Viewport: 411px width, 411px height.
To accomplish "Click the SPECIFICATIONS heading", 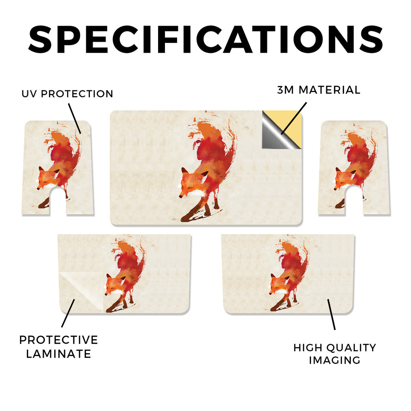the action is pyautogui.click(x=205, y=39).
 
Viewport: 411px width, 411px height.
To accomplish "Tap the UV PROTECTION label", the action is pyautogui.click(x=67, y=94).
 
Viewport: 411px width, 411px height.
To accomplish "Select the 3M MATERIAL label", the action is pyautogui.click(x=319, y=90).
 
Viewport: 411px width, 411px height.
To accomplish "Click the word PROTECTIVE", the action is pyautogui.click(x=59, y=340).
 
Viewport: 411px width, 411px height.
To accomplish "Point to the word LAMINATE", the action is pyautogui.click(x=59, y=354).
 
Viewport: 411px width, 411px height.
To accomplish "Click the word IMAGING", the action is pyautogui.click(x=334, y=360).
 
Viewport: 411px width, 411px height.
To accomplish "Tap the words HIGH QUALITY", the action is pyautogui.click(x=334, y=348).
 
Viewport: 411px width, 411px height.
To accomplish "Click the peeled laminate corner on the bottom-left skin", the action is pyautogui.click(x=79, y=288).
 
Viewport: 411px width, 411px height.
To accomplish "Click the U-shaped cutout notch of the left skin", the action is pyautogui.click(x=57, y=201).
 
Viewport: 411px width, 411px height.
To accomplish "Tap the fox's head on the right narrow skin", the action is pyautogui.click(x=343, y=178).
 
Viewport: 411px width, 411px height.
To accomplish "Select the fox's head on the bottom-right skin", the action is pyautogui.click(x=279, y=285).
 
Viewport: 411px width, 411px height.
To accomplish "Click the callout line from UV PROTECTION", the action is pyautogui.click(x=75, y=118).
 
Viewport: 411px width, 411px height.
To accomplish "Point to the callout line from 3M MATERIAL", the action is pyautogui.click(x=293, y=118).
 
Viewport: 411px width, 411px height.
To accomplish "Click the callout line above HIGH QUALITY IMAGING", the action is pyautogui.click(x=331, y=314).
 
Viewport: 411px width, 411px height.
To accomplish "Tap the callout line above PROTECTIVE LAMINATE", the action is pyautogui.click(x=68, y=313).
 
